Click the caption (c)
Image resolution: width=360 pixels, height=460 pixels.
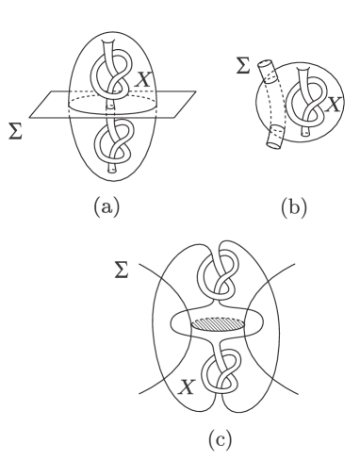216,439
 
